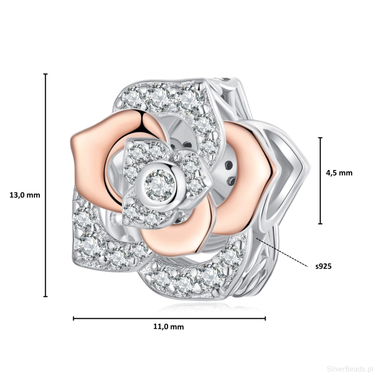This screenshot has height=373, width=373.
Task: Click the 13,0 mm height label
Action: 25,195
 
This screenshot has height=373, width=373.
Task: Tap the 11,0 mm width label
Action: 169,327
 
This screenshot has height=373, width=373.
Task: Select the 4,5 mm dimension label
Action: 339,173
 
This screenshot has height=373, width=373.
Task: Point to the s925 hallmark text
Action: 323,266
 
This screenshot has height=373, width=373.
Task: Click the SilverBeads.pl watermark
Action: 350,369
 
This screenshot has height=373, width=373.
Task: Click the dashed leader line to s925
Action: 282,252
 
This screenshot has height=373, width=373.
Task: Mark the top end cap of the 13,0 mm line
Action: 45,74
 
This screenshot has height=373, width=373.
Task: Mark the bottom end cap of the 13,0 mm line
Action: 45,296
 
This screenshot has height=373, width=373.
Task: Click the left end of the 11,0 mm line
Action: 74,318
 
